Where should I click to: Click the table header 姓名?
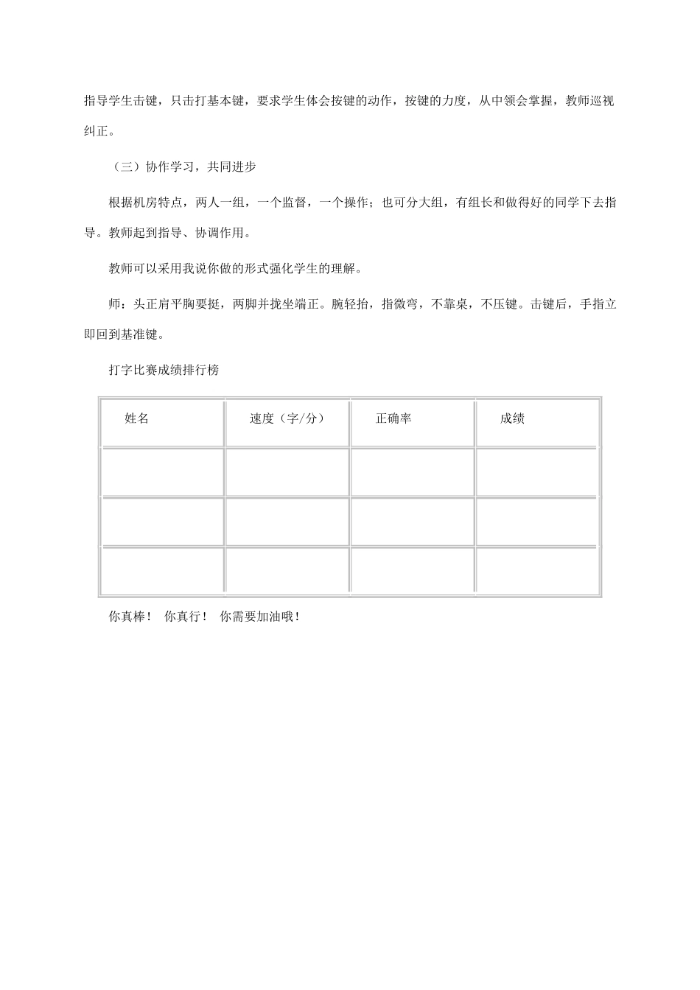pos(137,418)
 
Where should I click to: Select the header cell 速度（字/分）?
pos(287,418)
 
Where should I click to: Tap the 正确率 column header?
pos(393,418)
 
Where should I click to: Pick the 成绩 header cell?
pos(512,418)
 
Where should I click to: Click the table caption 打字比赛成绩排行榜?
pos(164,371)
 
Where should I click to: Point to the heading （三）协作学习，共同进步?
pos(182,167)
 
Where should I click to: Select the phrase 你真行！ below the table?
pos(186,617)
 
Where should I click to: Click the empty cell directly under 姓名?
pos(162,472)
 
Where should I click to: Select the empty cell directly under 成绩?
pos(537,472)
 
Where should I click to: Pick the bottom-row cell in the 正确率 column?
pos(412,570)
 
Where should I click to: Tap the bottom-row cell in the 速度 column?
pos(287,570)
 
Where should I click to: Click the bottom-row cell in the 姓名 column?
pos(162,570)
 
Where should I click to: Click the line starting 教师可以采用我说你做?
pos(235,269)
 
